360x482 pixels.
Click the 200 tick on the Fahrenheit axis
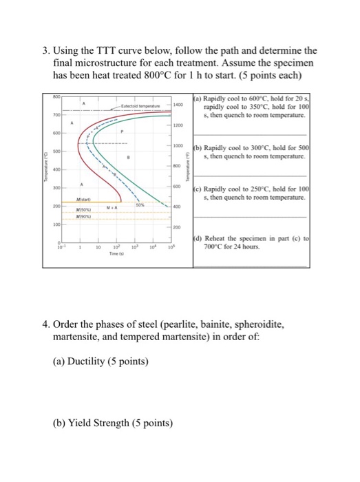pos(176,226)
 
